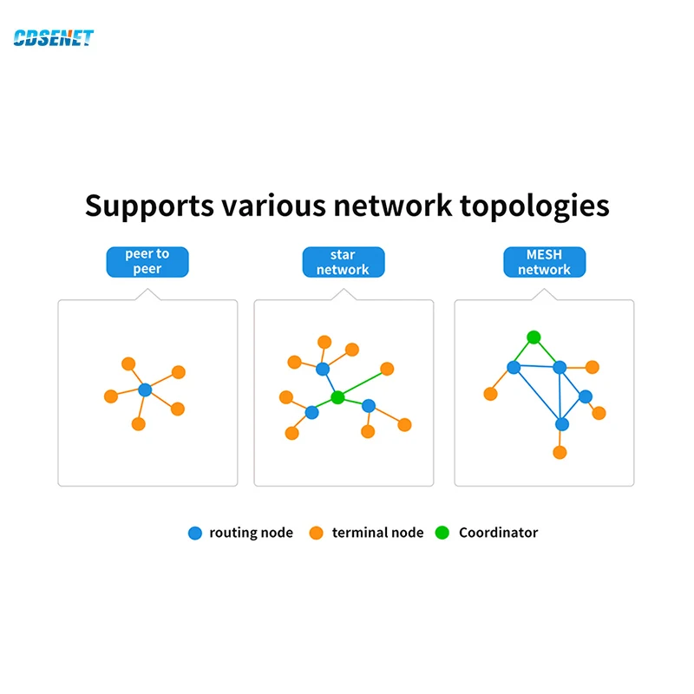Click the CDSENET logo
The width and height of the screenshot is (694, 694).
[54, 37]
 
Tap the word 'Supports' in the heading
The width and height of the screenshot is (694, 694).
[149, 206]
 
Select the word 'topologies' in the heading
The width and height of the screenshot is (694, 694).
[534, 206]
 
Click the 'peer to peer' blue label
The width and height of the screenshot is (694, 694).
[147, 262]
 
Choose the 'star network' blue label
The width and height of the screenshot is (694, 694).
[344, 262]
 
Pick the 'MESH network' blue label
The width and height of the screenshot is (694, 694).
[545, 262]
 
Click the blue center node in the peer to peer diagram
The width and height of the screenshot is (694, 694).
[145, 390]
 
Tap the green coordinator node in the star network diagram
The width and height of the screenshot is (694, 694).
[337, 397]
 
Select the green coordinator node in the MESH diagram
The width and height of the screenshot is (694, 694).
[534, 337]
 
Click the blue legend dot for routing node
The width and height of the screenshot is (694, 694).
[194, 533]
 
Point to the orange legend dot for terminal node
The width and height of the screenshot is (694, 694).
[316, 533]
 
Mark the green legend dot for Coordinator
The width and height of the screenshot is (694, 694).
[442, 533]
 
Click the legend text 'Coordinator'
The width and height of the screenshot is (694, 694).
[498, 533]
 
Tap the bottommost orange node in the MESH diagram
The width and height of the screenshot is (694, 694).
[560, 452]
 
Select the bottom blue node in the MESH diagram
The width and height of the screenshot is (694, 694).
[562, 424]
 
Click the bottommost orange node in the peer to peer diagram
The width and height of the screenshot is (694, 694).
[139, 424]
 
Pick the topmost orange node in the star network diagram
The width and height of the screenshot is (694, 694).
[324, 342]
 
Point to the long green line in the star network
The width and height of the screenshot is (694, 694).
[363, 383]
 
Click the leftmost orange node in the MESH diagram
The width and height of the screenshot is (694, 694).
[490, 394]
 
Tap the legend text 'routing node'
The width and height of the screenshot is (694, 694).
[251, 533]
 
